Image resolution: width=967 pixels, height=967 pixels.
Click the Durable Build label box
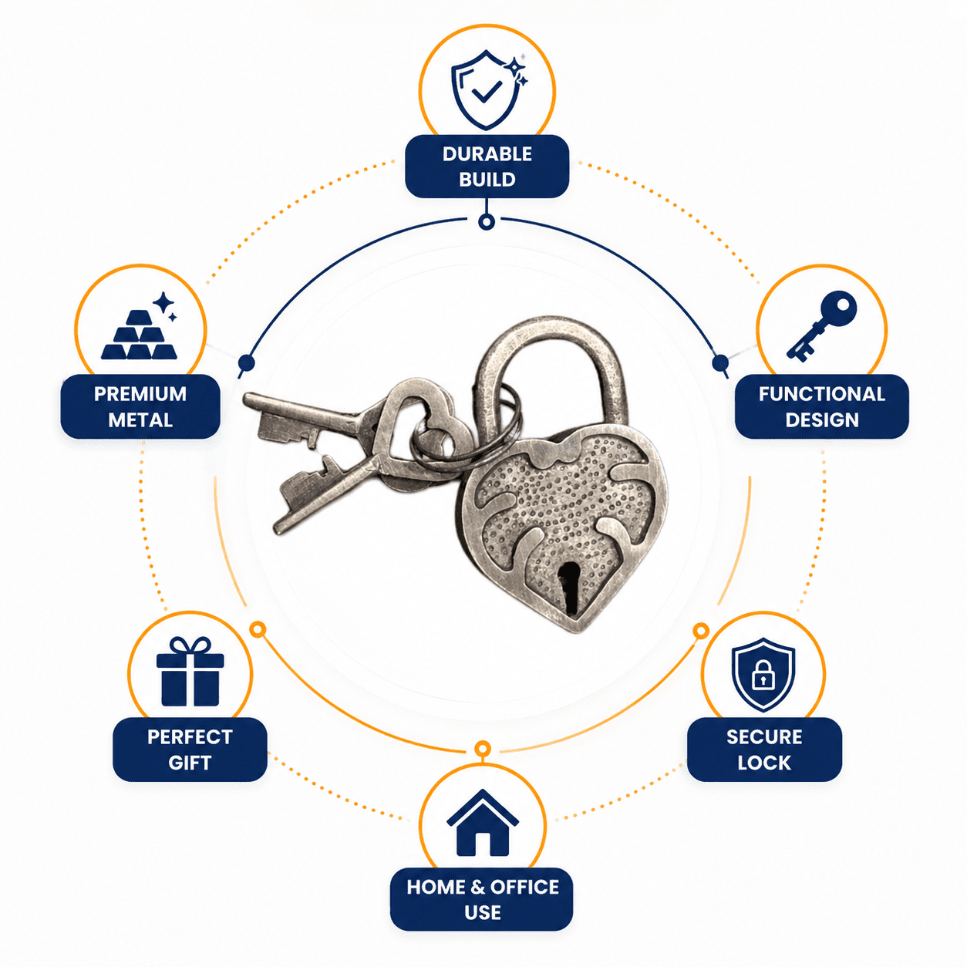point(487,166)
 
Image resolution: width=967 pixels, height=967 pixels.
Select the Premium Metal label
point(140,406)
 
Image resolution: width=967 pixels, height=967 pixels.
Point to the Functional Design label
point(821,406)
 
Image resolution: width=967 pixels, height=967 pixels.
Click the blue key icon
point(821,325)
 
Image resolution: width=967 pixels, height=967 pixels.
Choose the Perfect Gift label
point(190,750)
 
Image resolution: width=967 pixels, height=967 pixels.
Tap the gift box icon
point(190,672)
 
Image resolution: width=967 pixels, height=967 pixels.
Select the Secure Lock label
point(763,750)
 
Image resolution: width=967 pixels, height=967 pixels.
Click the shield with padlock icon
point(763,675)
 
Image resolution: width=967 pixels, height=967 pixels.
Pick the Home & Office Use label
point(482,899)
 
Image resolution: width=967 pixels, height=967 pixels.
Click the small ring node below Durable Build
point(487,221)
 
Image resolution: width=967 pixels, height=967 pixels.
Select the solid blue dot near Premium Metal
point(247,362)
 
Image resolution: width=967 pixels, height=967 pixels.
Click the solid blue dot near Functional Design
point(720,362)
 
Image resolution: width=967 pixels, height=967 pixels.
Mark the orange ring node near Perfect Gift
point(258,629)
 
